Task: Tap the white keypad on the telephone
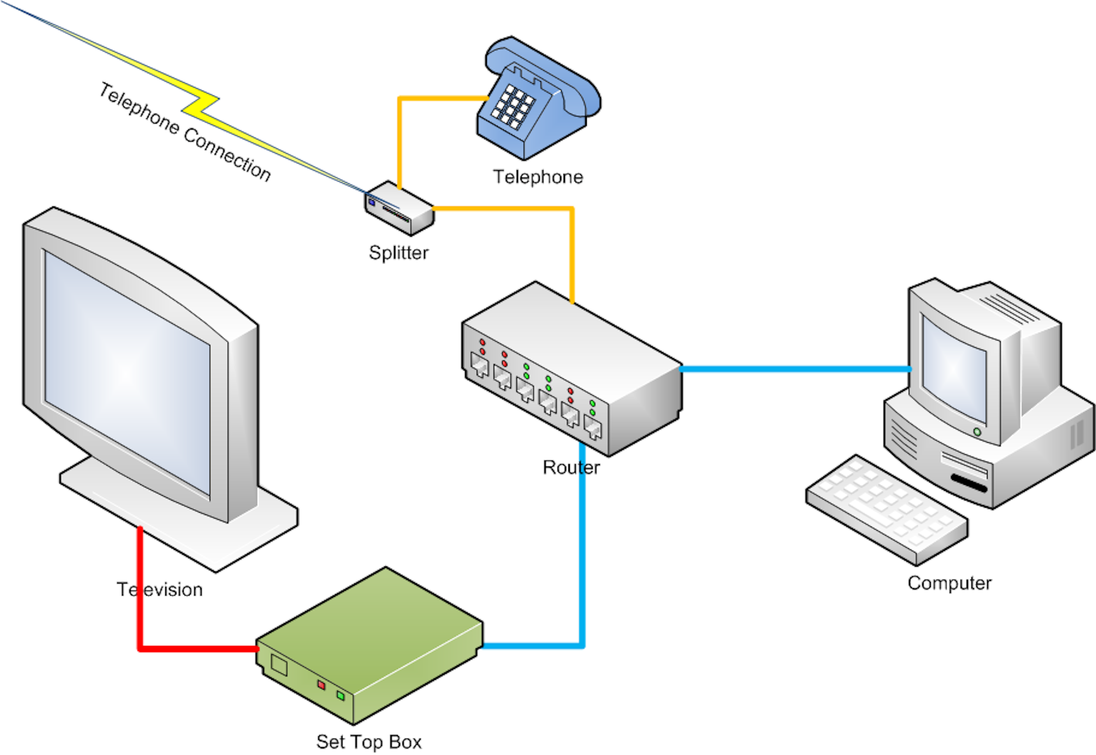tap(513, 107)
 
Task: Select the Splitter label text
tap(398, 253)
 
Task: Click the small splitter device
tap(399, 209)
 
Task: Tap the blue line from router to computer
tap(795, 369)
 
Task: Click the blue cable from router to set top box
tap(582, 558)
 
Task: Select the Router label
tap(571, 468)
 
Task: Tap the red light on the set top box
tap(321, 685)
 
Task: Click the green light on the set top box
tap(341, 696)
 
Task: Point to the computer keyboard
tap(887, 509)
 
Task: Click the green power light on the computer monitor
tap(977, 432)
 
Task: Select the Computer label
tap(949, 583)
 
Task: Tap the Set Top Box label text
tap(369, 742)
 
